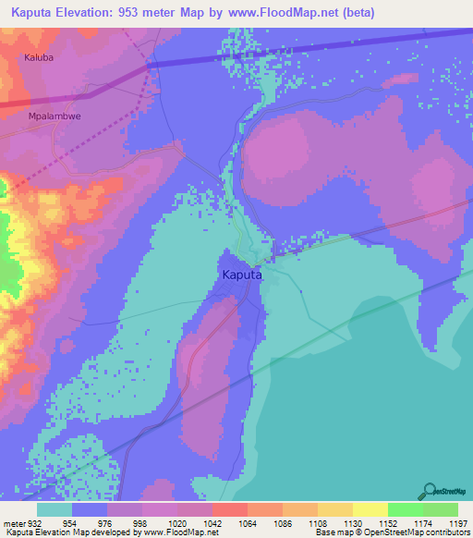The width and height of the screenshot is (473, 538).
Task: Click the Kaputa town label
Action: [x=242, y=275]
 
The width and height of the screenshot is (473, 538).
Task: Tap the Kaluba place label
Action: [x=39, y=57]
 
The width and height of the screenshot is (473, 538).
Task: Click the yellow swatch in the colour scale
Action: [x=370, y=509]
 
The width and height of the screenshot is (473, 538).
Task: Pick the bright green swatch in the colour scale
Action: [x=405, y=509]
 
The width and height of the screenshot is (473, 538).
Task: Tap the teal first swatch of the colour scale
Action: [x=55, y=509]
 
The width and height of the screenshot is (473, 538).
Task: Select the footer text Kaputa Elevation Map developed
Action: [x=65, y=533]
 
